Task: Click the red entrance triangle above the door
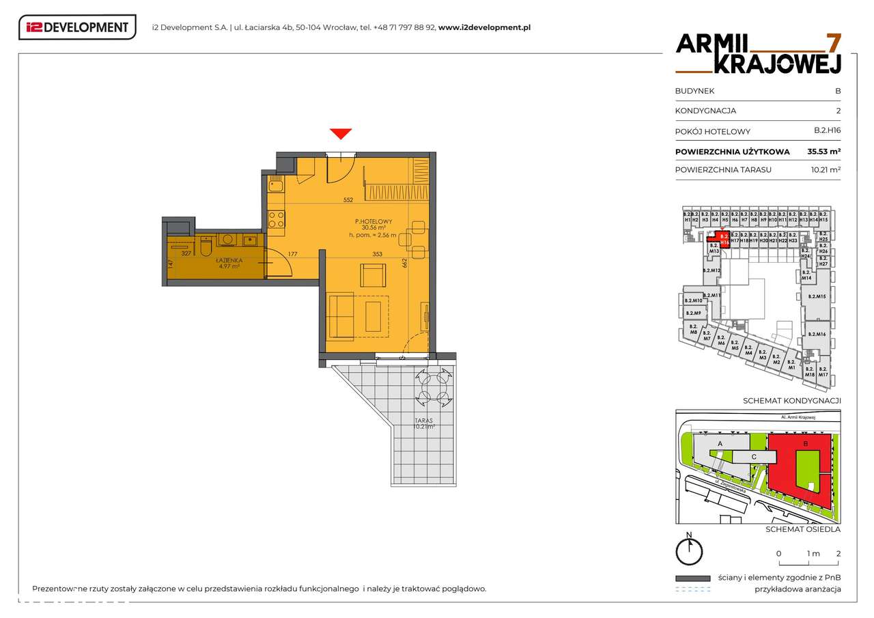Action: point(340,134)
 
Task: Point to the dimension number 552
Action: point(348,201)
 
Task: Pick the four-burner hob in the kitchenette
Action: point(276,219)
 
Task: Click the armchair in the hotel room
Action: point(373,275)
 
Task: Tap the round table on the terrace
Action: point(434,387)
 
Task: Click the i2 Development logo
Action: point(76,27)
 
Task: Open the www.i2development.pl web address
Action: point(484,28)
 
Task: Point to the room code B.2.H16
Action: point(826,131)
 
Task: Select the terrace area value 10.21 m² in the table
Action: point(826,170)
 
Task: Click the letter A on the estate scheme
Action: point(719,444)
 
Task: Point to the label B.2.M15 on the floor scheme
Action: point(817,296)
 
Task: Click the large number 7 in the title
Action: point(832,44)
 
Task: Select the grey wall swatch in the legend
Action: point(692,578)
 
